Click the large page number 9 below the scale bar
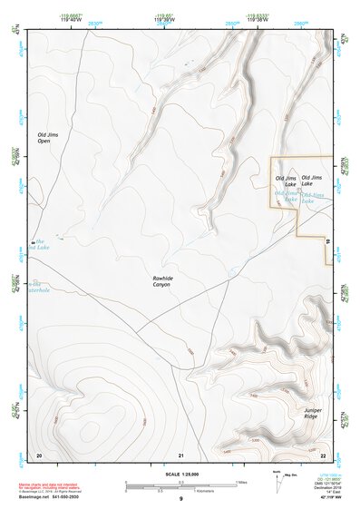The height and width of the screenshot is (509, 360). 180,499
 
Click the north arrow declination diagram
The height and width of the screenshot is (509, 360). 277,482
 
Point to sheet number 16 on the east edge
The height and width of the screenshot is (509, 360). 327,240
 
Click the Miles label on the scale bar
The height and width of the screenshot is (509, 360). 240,482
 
